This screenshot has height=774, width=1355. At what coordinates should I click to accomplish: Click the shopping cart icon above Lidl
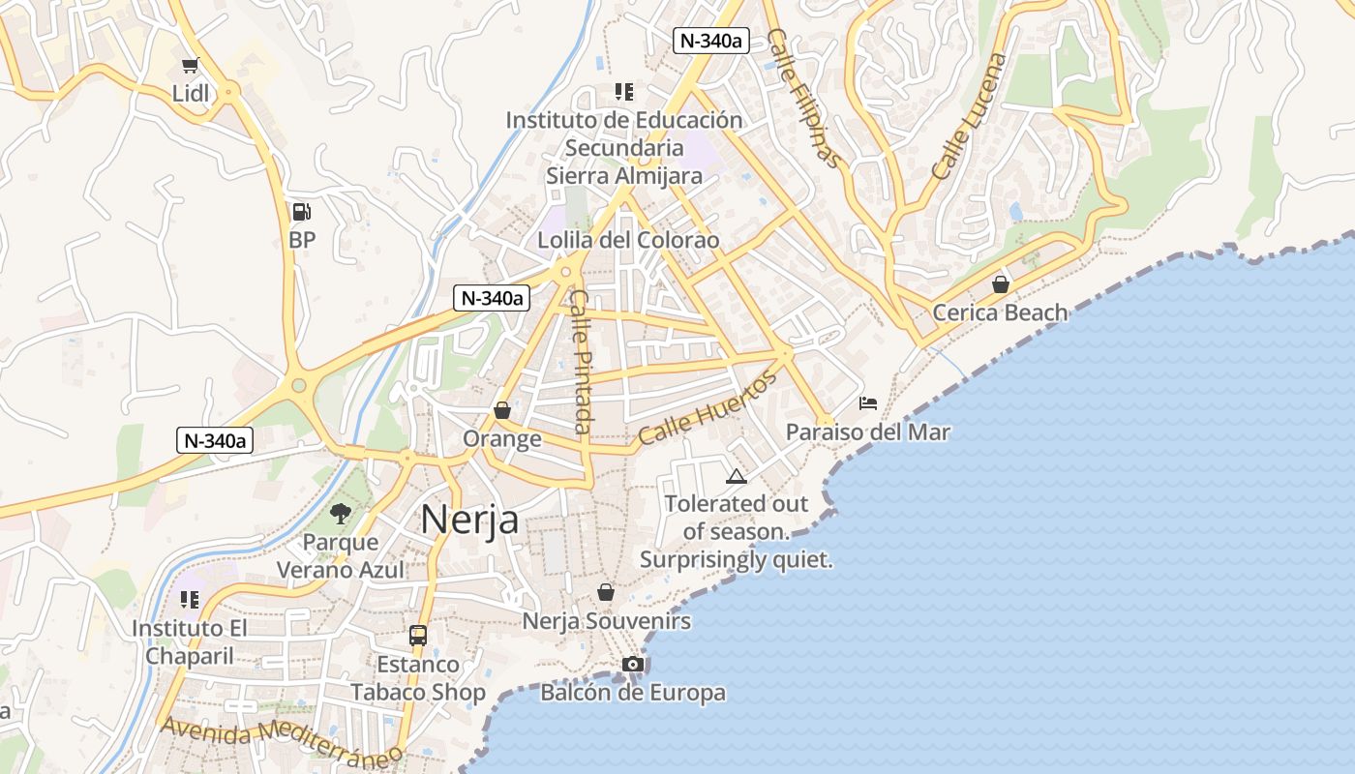(x=190, y=66)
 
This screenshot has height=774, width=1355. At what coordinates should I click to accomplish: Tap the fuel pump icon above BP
(x=302, y=212)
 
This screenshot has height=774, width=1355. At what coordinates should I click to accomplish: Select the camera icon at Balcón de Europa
(x=633, y=664)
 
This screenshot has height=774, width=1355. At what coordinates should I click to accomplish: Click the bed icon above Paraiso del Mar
(x=868, y=402)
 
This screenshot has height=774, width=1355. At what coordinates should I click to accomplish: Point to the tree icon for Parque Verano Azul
(x=341, y=513)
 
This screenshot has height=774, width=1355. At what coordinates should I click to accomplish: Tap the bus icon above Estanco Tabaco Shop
(x=418, y=636)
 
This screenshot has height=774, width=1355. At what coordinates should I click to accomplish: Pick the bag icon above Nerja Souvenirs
(x=606, y=591)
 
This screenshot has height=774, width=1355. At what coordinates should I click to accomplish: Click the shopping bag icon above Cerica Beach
(x=1001, y=284)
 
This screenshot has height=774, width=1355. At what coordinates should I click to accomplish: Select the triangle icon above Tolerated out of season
(x=737, y=476)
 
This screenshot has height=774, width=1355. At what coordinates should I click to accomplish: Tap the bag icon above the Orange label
(x=501, y=410)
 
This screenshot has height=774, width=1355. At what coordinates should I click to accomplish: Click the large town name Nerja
(x=469, y=521)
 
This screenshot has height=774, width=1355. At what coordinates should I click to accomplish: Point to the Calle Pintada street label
(x=581, y=362)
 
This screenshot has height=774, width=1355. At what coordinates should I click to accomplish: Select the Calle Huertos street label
(x=708, y=409)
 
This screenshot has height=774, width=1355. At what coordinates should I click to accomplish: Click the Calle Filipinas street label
(x=803, y=97)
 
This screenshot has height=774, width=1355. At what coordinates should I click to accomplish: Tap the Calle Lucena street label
(x=969, y=116)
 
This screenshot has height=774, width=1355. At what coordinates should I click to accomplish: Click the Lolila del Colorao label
(x=629, y=240)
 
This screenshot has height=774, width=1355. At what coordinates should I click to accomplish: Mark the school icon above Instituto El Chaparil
(x=190, y=600)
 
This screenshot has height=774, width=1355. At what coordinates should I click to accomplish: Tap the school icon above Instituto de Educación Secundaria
(x=624, y=92)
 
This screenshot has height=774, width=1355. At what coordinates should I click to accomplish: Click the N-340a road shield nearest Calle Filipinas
(x=712, y=40)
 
